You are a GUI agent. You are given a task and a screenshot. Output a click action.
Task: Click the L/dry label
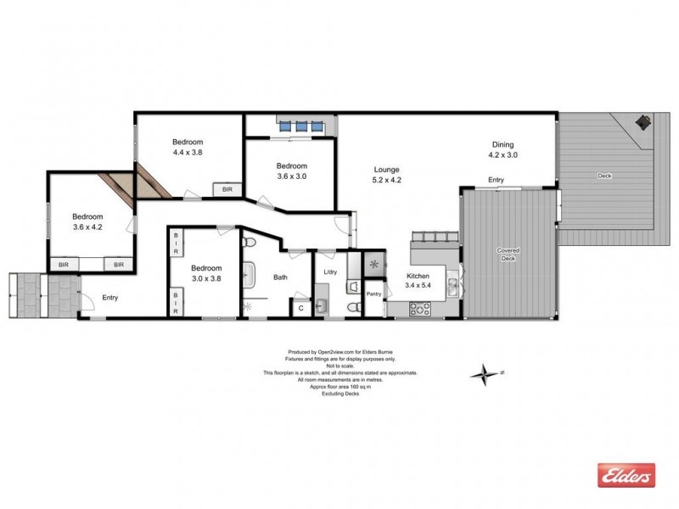tap(331, 271)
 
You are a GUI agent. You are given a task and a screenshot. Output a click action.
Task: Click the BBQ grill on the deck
tap(643, 123)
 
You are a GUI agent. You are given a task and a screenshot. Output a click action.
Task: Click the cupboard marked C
tap(301, 307)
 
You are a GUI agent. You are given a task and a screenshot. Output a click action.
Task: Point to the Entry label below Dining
tap(496, 180)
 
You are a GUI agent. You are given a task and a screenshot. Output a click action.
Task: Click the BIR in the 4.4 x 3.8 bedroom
tap(227, 190)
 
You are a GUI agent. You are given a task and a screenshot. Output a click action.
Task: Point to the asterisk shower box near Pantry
tap(373, 265)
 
